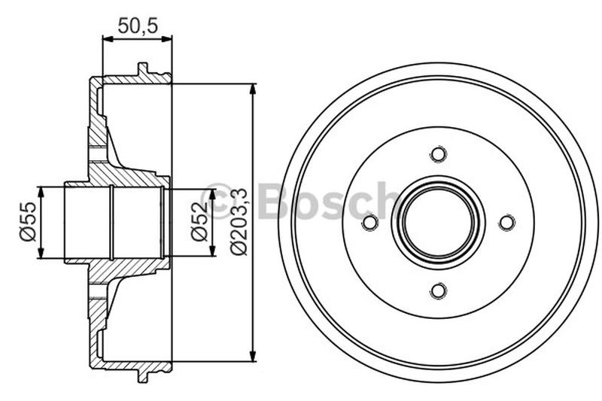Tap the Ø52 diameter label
tap(199, 223)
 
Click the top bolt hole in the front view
tap(438, 154)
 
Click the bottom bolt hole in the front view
tap(438, 290)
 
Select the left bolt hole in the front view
tap(369, 223)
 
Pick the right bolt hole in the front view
tap(506, 223)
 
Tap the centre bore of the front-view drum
tap(438, 223)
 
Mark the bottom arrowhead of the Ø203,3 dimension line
tap(253, 357)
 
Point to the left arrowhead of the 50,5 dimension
tap(106, 39)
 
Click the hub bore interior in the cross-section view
tap(113, 223)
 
